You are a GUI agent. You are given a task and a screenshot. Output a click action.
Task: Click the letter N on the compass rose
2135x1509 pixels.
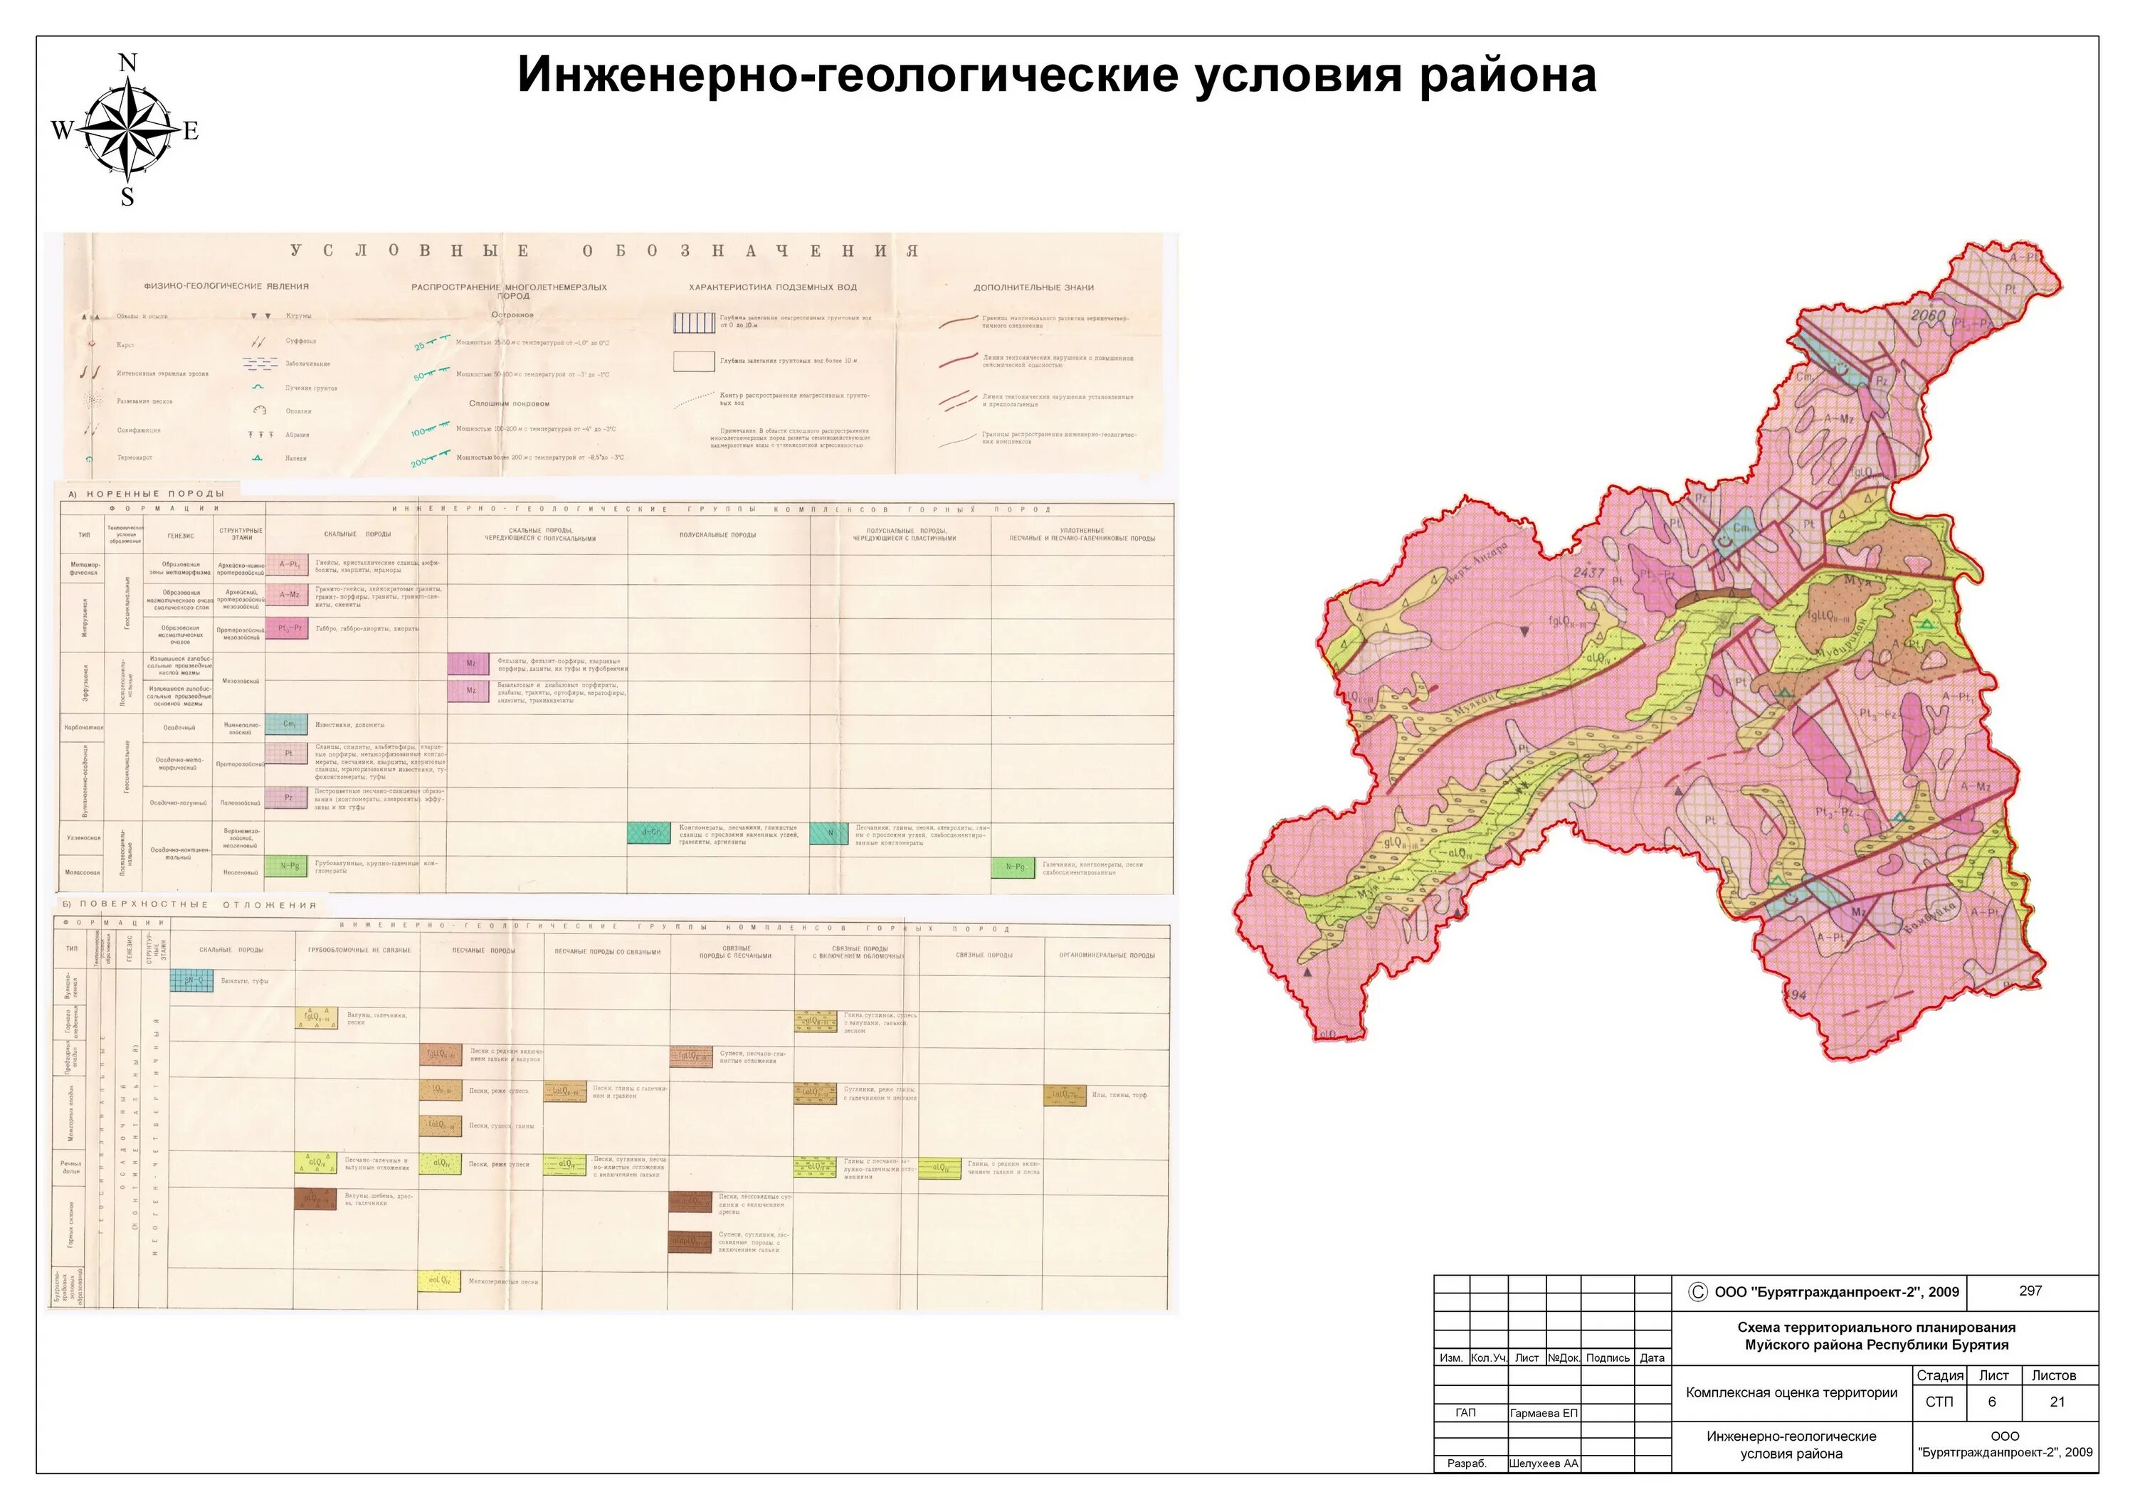(128, 63)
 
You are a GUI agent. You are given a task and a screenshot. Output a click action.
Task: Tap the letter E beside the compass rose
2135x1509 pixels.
(191, 131)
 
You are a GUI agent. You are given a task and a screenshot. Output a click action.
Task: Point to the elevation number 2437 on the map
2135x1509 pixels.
(1588, 573)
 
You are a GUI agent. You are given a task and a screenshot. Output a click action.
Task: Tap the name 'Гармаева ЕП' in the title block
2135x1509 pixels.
(1544, 1413)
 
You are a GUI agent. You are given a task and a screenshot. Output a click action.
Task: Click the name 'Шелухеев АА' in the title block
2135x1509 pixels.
(1544, 1463)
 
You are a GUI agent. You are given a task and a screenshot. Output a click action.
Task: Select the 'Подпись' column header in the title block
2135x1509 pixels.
(1608, 1357)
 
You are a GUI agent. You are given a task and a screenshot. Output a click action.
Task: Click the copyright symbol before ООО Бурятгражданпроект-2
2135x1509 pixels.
(1697, 1291)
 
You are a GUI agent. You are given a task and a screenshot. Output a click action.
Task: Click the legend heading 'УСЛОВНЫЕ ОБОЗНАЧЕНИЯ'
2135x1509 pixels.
(604, 250)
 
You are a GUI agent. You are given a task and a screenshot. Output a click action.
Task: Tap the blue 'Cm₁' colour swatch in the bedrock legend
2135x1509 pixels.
(286, 724)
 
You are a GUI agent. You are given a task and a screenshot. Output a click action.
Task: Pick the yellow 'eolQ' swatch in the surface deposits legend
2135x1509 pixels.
(439, 1281)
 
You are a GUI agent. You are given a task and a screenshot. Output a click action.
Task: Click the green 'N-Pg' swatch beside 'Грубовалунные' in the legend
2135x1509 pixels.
(286, 867)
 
